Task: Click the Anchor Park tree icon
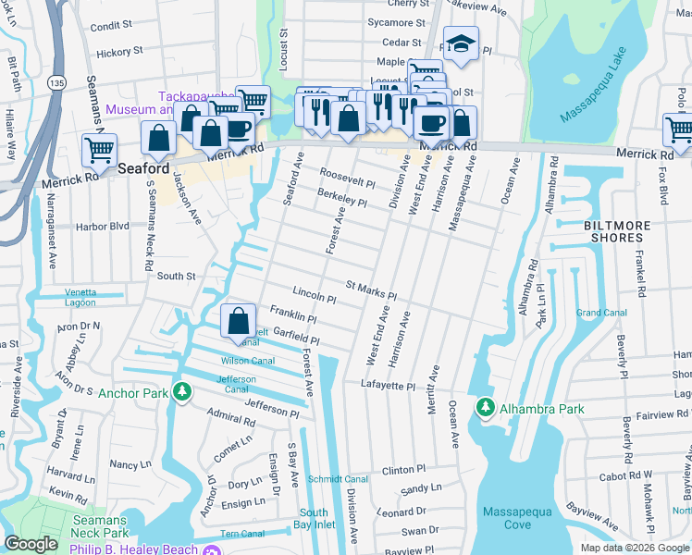coord(183,393)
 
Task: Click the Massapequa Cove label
coord(507,518)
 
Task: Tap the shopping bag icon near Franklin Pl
coord(238,321)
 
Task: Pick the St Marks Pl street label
coord(371,290)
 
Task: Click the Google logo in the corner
coord(31,544)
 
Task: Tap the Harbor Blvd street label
coord(104,226)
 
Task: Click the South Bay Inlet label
coord(314,519)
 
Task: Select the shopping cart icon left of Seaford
coord(99,148)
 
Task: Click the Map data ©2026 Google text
coord(635,548)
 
